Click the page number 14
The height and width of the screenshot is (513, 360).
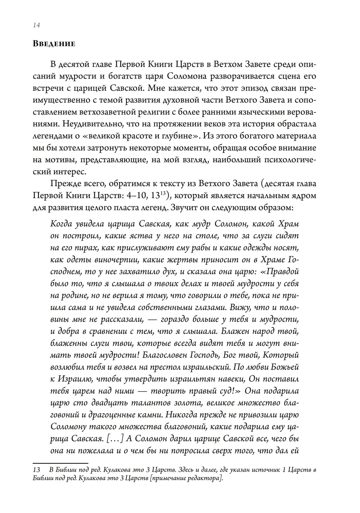(x=36, y=25)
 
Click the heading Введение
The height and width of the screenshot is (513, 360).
(x=54, y=44)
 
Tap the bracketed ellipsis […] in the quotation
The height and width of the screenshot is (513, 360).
(x=116, y=438)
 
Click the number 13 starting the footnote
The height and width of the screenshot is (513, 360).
(x=36, y=470)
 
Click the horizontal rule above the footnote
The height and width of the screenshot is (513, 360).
(x=60, y=463)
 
